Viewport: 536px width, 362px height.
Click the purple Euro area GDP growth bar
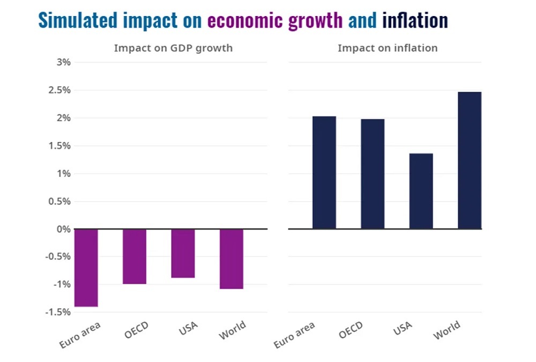pyautogui.click(x=86, y=268)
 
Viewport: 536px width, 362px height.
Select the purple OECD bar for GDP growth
pyautogui.click(x=135, y=256)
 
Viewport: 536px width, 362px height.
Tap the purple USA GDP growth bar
pyautogui.click(x=183, y=253)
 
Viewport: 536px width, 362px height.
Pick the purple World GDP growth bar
pyautogui.click(x=232, y=258)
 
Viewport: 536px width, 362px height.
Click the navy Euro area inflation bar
pyautogui.click(x=324, y=173)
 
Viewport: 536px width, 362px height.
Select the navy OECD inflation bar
pyautogui.click(x=373, y=174)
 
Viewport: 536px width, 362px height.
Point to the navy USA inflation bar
pyautogui.click(x=421, y=191)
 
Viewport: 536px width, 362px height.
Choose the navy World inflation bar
pyautogui.click(x=470, y=160)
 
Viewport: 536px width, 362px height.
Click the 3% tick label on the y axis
pyautogui.click(x=63, y=62)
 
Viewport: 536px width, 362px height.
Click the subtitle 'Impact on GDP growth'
pyautogui.click(x=173, y=48)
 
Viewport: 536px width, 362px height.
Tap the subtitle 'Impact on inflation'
pyautogui.click(x=388, y=48)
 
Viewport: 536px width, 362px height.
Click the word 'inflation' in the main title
pyautogui.click(x=415, y=20)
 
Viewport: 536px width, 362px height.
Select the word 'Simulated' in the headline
pyautogui.click(x=78, y=20)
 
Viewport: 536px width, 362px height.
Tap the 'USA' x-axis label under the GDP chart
pyautogui.click(x=188, y=328)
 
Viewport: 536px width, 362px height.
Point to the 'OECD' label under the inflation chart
pyautogui.click(x=351, y=330)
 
